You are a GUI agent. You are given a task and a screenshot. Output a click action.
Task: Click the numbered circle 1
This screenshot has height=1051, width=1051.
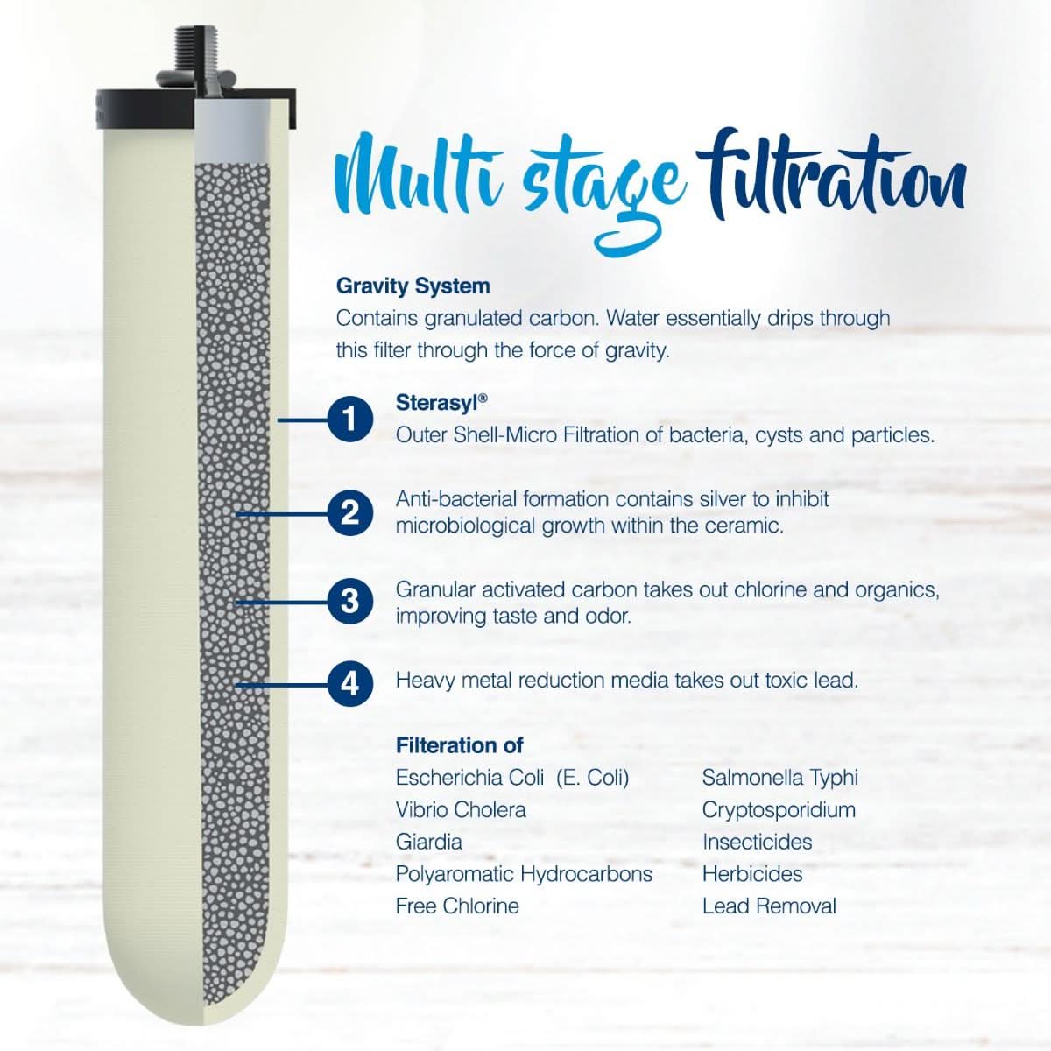pyautogui.click(x=349, y=420)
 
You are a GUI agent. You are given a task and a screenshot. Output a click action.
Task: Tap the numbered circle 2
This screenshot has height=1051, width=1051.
pyautogui.click(x=349, y=512)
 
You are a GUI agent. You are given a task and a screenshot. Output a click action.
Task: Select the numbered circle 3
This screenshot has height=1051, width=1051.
pyautogui.click(x=349, y=602)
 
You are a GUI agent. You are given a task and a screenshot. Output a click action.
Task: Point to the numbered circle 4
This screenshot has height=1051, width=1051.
pyautogui.click(x=349, y=681)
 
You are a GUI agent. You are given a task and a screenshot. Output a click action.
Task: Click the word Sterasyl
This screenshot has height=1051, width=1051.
pyautogui.click(x=437, y=402)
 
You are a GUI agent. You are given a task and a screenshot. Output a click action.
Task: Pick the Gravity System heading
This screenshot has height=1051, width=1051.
pyautogui.click(x=413, y=286)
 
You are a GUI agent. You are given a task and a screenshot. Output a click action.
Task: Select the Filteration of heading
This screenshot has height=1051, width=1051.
pyautogui.click(x=459, y=745)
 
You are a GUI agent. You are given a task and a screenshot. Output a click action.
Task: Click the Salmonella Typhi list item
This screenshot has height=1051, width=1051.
pyautogui.click(x=779, y=778)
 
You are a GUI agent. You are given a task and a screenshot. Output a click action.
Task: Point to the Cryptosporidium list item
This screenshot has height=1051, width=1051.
pyautogui.click(x=779, y=810)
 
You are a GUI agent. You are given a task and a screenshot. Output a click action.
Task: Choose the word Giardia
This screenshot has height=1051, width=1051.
pyautogui.click(x=428, y=843)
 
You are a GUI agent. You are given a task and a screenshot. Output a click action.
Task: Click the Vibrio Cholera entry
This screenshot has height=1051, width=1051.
pyautogui.click(x=461, y=810)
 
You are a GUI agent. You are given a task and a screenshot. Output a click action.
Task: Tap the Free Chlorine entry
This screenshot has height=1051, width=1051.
pyautogui.click(x=457, y=906)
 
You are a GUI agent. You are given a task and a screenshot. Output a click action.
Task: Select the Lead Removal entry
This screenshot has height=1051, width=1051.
pyautogui.click(x=769, y=906)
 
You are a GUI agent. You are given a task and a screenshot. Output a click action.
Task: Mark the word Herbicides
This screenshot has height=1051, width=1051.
pyautogui.click(x=751, y=874)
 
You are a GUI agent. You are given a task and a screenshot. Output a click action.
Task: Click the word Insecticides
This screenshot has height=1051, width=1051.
pyautogui.click(x=757, y=843)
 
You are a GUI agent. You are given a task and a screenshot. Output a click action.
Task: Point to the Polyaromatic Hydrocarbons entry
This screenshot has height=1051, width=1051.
pyautogui.click(x=524, y=874)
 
